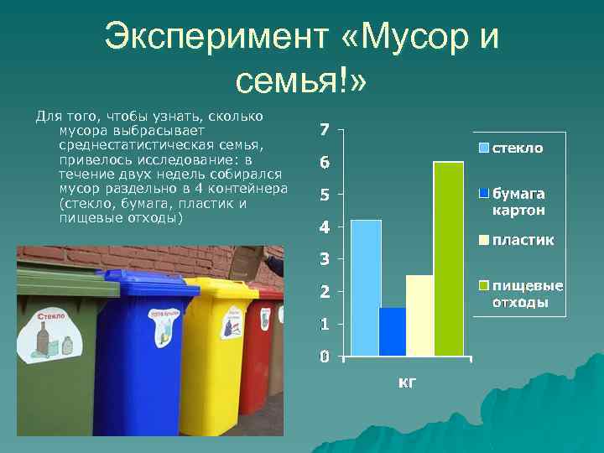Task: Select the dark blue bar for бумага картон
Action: [x=393, y=331]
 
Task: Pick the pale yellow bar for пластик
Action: [x=420, y=315]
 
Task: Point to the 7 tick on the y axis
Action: [x=325, y=130]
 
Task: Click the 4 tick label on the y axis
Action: [x=325, y=227]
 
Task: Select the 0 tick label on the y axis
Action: [x=325, y=357]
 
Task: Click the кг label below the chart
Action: [x=406, y=383]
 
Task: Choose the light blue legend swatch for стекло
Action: [x=484, y=148]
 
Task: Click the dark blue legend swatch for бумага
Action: [x=484, y=193]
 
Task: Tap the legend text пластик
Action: [x=523, y=241]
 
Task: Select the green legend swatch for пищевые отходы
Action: [x=484, y=286]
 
